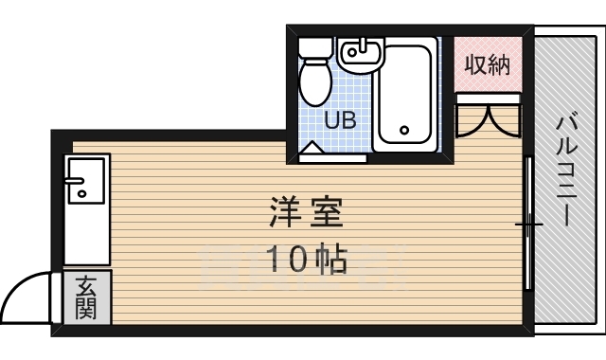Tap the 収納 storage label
(488, 64)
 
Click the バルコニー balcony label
(568, 171)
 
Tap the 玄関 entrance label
(87, 297)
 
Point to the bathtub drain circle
(404, 131)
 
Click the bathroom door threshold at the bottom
(331, 158)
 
